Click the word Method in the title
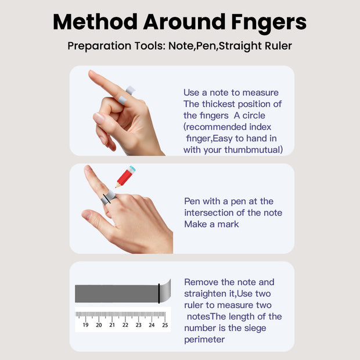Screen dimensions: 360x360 [x=95, y=22]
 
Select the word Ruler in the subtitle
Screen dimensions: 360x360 [x=278, y=46]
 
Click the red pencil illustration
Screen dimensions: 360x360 [x=125, y=177]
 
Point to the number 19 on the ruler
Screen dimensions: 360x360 [x=85, y=325]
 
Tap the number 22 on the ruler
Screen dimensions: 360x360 [x=125, y=325]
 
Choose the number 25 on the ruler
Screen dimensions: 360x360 [x=165, y=325]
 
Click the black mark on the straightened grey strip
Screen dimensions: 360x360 [x=159, y=293]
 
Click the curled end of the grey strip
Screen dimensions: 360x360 [x=165, y=291]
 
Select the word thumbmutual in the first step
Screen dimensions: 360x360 [x=253, y=150]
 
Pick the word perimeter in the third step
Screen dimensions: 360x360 [x=204, y=340]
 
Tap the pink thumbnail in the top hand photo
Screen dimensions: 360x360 [x=99, y=118]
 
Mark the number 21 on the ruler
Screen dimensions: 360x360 [x=112, y=325]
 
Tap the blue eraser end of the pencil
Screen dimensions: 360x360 [x=132, y=169]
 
